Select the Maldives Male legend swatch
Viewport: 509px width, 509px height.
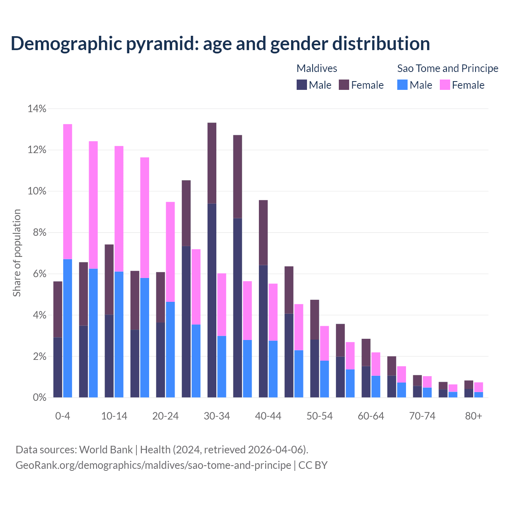[302, 85]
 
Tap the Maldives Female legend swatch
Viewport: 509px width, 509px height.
[344, 85]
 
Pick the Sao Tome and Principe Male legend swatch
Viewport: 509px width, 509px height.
[402, 85]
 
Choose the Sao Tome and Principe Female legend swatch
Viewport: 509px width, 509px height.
[445, 85]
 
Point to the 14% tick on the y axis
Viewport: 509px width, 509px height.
[37, 109]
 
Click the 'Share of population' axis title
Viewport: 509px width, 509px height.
[17, 253]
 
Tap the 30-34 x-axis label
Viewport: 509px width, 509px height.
[217, 416]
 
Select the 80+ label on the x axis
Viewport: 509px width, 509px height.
[474, 416]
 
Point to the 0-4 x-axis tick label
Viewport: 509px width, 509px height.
[63, 416]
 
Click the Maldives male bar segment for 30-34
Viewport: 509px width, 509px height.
[212, 300]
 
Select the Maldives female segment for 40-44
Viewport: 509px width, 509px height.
[263, 233]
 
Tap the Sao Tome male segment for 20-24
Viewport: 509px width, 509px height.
[170, 350]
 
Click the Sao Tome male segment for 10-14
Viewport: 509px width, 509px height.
[119, 334]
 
